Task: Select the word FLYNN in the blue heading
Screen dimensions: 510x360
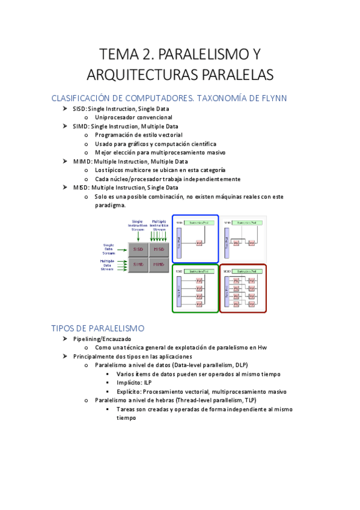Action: [x=271, y=98]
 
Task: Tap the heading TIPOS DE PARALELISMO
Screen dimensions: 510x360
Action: [x=98, y=328]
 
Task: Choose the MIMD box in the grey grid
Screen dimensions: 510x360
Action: [x=159, y=265]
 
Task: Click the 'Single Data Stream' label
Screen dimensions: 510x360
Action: [x=109, y=248]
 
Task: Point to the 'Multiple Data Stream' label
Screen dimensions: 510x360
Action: [x=108, y=265]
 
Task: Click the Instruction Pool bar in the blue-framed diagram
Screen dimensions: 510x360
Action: [x=199, y=223]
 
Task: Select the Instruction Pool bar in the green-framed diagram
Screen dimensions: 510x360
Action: [x=199, y=272]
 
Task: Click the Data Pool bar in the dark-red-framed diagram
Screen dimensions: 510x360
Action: [x=226, y=292]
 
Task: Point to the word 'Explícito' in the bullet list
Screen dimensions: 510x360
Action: [x=130, y=391]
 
